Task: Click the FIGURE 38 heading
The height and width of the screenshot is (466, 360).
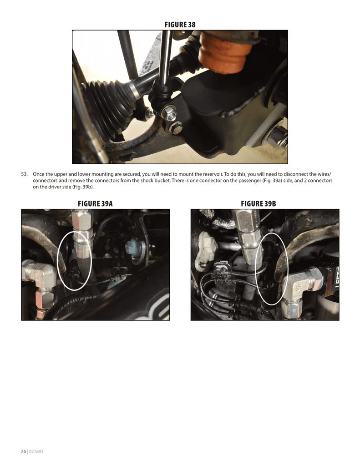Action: point(180,25)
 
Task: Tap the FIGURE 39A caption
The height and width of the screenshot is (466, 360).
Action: point(95,203)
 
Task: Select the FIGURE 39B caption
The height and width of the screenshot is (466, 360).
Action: point(259,203)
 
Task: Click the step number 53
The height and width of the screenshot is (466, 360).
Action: point(24,174)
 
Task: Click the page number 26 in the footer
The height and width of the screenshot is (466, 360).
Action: point(23,451)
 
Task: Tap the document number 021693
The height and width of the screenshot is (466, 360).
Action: point(36,451)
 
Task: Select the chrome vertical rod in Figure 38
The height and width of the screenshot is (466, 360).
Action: point(165,56)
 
